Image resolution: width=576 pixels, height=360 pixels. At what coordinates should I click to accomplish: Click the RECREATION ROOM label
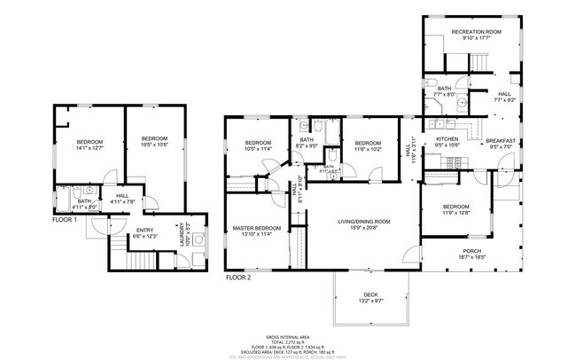(476, 32)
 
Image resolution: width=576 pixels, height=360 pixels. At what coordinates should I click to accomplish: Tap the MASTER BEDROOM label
(257, 228)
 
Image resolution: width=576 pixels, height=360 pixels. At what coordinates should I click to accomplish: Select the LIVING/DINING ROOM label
(363, 221)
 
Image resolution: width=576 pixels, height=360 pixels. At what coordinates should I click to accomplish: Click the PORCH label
(472, 251)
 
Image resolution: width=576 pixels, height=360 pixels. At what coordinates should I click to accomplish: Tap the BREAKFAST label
(501, 140)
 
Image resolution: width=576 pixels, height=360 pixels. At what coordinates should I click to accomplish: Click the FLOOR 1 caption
(65, 219)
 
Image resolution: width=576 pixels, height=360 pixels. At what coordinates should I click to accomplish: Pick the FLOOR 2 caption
(238, 277)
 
